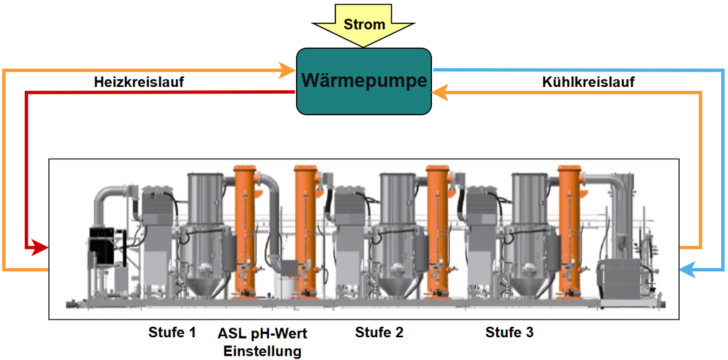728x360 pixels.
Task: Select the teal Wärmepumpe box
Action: pos(364,81)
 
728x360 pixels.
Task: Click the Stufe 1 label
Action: pos(173,332)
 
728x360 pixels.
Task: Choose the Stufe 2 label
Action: pos(380,332)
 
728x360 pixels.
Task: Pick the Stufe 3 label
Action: pos(509,332)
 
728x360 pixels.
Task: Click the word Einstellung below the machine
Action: pos(263,351)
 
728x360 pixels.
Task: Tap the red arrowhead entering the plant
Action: pos(41,246)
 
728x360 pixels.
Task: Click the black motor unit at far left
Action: pos(105,245)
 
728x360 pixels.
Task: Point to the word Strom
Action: pos(364,25)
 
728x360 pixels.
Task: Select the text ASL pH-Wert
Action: pos(263,333)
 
